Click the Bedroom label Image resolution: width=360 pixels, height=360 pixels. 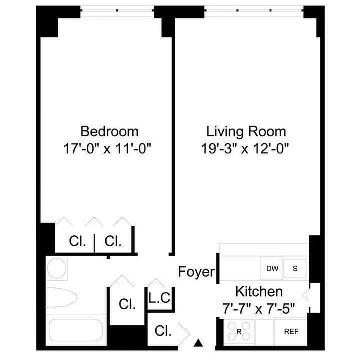109,131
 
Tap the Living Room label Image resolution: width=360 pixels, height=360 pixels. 246,131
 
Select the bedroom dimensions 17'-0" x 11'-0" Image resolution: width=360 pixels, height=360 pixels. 109,148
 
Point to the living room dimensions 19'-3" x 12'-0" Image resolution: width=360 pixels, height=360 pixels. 246,148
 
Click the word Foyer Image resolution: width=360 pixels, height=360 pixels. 195,272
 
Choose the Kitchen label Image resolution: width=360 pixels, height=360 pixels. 259,292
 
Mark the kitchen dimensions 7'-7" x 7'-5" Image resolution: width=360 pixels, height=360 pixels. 259,309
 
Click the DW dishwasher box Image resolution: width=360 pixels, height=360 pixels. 272,269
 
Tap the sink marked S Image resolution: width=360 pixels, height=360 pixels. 296,269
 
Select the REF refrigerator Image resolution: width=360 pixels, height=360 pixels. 291,332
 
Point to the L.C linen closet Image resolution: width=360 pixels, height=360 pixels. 159,298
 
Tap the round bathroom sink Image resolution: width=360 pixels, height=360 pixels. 57,269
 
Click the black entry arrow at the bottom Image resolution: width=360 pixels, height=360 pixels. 198,344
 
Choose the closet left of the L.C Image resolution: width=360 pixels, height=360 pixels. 127,304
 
